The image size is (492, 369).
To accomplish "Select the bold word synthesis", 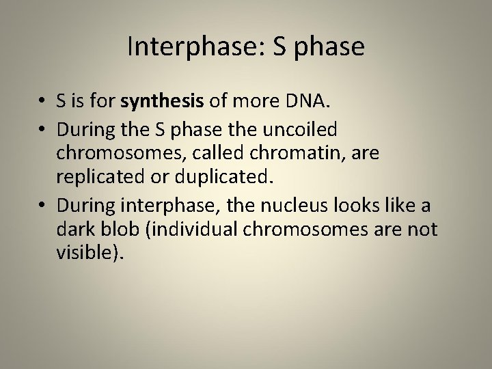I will point(162,102).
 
